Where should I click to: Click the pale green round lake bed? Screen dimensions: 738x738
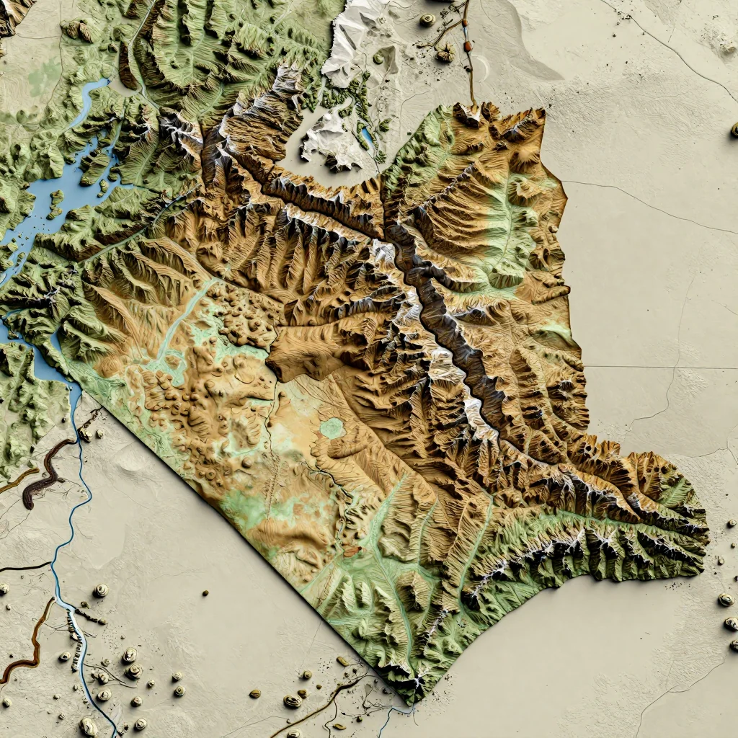[x=332, y=428]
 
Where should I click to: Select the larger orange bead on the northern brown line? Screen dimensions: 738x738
[x=468, y=46]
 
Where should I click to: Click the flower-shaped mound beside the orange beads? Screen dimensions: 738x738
[x=445, y=51]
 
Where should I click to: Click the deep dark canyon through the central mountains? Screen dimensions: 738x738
[x=447, y=324]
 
